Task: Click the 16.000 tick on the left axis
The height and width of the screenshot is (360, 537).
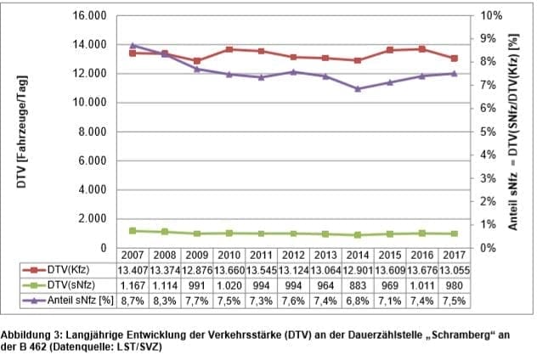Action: coord(88,16)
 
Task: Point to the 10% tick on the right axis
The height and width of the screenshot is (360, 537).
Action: coord(490,16)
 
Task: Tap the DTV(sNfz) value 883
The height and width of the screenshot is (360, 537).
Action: coord(358,286)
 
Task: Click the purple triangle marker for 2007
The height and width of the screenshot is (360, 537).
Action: coord(133,45)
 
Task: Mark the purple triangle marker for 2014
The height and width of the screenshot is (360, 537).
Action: coord(358,88)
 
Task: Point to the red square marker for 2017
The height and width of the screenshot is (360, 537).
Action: coord(454,59)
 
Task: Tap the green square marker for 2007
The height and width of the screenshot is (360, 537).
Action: coord(133,230)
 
